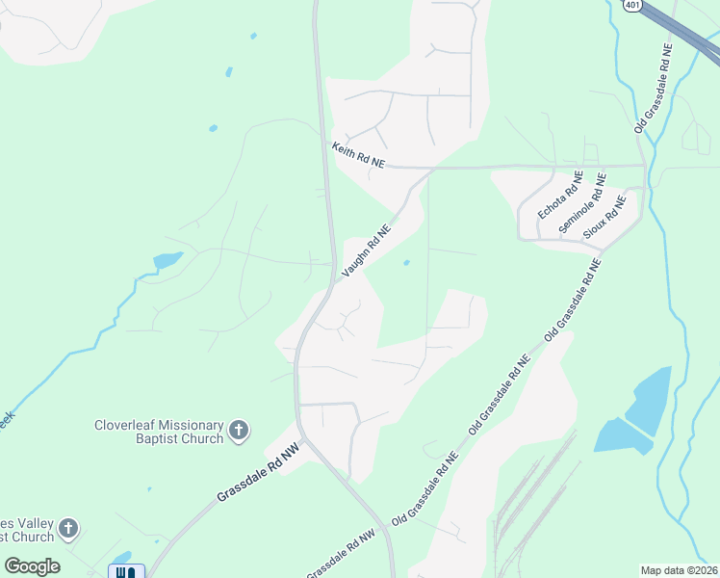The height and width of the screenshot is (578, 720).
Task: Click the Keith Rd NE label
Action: pos(358,156)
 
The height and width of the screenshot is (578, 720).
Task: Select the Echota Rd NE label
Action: pos(560,196)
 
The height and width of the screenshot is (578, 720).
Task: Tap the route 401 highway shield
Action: pos(631,5)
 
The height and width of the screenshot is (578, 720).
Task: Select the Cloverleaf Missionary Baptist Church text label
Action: pos(159,432)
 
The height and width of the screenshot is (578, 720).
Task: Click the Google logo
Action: pos(32,566)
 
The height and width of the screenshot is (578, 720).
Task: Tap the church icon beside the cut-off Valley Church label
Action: pos(67,528)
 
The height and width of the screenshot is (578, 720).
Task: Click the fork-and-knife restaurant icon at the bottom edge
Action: pos(126,572)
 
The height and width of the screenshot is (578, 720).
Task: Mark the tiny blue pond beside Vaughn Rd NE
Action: pos(406,262)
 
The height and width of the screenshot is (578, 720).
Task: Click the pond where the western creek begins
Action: pos(167,260)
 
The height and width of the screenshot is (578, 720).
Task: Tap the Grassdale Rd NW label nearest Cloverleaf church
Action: pos(258,471)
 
